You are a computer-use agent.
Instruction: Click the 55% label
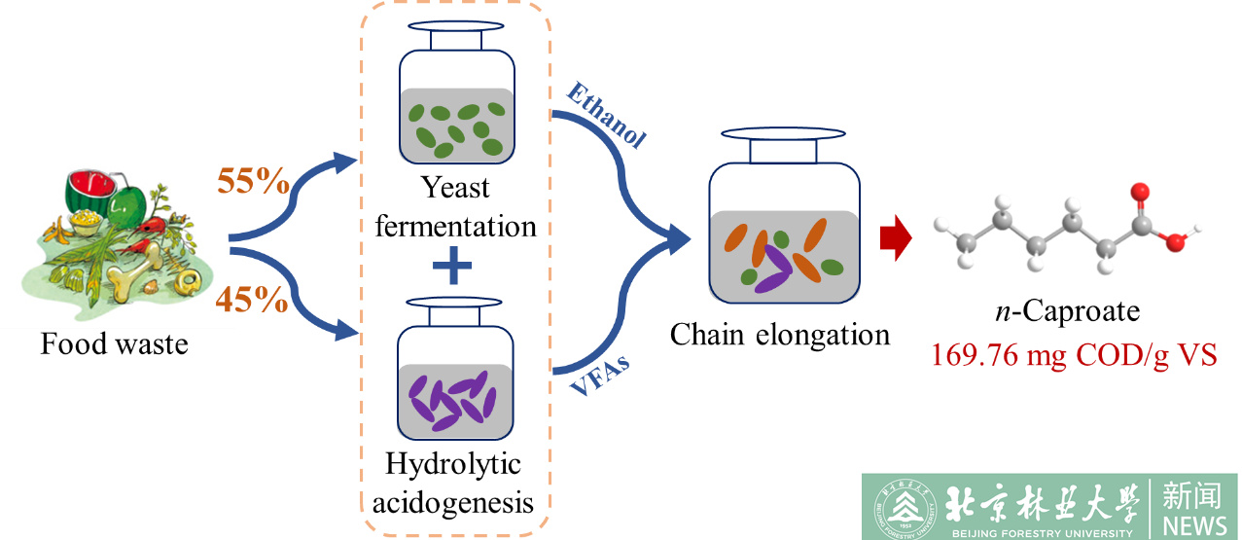252,182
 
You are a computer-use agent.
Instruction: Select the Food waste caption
114,344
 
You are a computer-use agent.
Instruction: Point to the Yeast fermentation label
455,206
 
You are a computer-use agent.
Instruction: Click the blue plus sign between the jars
455,266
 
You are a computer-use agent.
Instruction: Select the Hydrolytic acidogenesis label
454,483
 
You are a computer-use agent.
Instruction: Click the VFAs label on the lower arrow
597,380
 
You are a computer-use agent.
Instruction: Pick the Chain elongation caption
780,336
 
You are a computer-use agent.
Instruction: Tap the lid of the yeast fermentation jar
455,36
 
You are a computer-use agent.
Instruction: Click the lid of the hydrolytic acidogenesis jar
455,311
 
